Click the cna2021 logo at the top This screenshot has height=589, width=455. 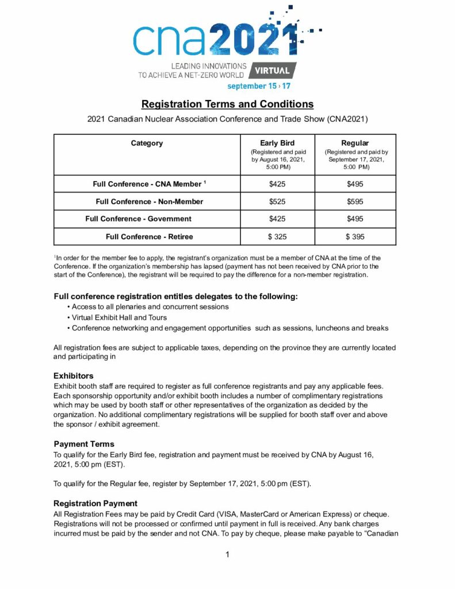coord(216,39)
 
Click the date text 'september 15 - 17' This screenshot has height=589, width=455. coord(258,86)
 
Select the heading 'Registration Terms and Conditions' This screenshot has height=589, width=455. coord(227,104)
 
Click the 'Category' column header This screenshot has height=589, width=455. coord(147,143)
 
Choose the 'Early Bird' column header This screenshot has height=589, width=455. coord(277,143)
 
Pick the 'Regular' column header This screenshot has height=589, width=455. coord(354,143)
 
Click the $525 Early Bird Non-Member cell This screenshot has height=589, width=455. coord(277,201)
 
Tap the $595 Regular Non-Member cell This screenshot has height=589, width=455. coord(354,201)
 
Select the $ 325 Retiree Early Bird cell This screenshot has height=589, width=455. coord(277,236)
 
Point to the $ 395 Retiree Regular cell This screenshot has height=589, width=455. coord(354,236)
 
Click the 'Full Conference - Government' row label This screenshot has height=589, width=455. coord(138,219)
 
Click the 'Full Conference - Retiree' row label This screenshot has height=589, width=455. coord(149,236)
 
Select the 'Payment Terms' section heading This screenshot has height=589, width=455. coord(84,444)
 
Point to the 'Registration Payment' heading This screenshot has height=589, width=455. coord(95,503)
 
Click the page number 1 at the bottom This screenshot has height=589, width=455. coord(228,554)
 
